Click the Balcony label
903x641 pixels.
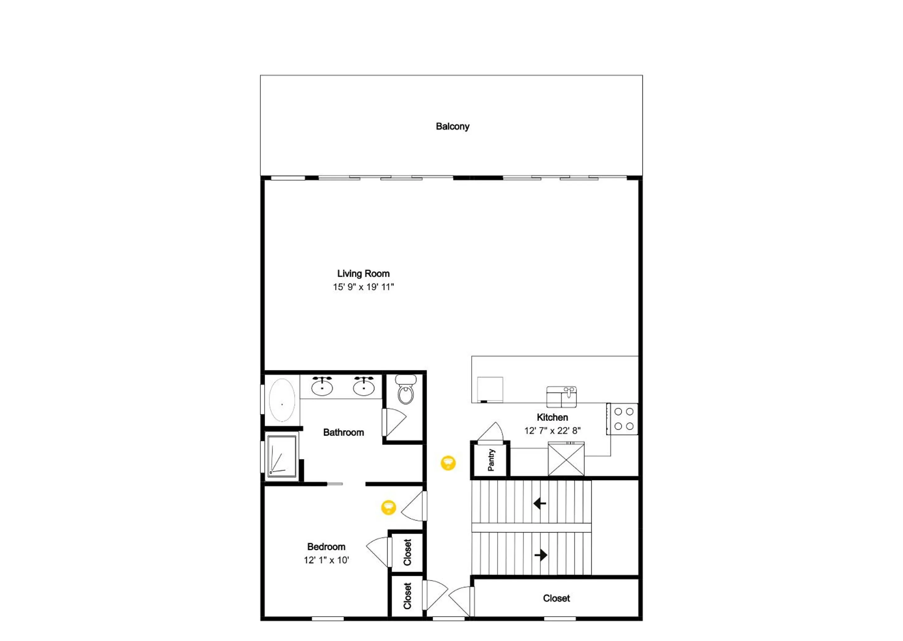point(452,126)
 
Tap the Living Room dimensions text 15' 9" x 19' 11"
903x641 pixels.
point(363,287)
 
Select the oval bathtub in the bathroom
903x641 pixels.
point(282,400)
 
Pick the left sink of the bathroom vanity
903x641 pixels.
point(322,386)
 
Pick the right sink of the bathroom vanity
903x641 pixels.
point(364,386)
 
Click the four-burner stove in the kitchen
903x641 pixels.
point(622,419)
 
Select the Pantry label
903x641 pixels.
point(491,460)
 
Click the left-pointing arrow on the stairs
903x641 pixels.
point(539,503)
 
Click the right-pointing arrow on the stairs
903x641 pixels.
point(541,555)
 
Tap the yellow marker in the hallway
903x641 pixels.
point(448,463)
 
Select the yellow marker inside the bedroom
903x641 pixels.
point(388,507)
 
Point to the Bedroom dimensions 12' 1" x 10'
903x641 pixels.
point(327,560)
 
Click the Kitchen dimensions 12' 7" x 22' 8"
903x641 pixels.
point(552,431)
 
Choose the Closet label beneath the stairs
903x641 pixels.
point(556,598)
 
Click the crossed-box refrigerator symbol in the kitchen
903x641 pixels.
point(566,459)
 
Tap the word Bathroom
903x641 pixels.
point(343,432)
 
